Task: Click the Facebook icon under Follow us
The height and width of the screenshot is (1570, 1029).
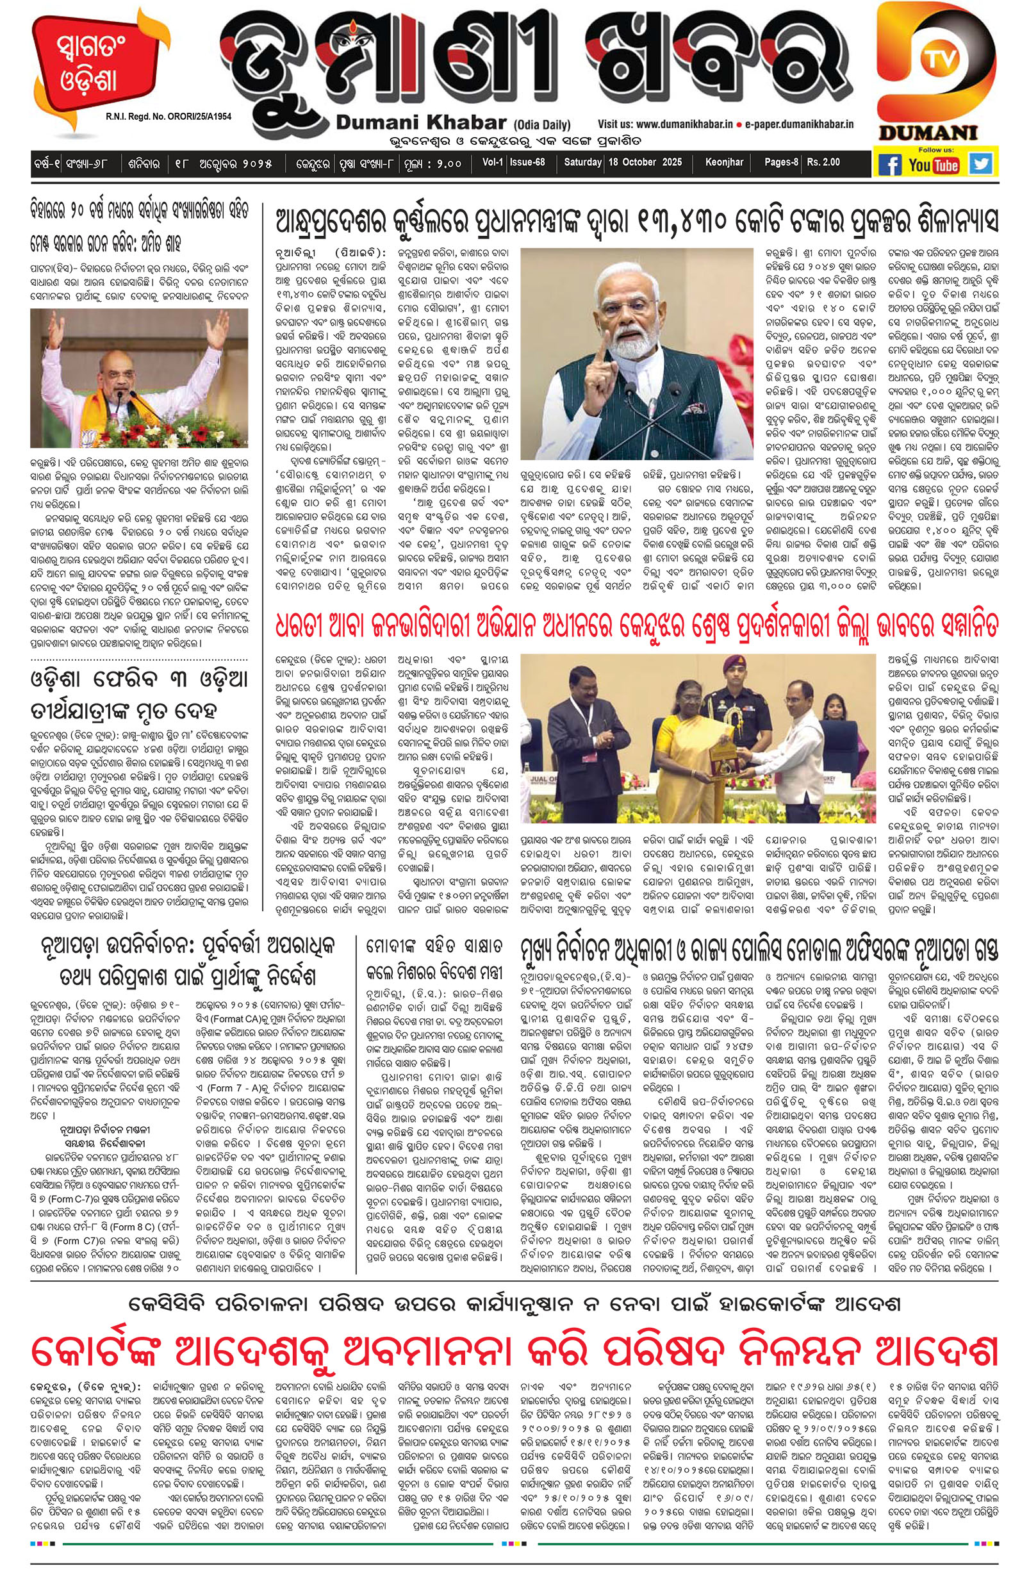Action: pyautogui.click(x=889, y=163)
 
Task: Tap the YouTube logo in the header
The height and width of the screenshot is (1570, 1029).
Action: pyautogui.click(x=934, y=164)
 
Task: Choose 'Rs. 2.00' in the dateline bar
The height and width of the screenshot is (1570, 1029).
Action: pyautogui.click(x=823, y=162)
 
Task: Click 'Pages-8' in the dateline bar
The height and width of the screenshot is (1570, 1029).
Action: pyautogui.click(x=780, y=162)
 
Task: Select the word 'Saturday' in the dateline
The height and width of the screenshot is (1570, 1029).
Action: pyautogui.click(x=582, y=162)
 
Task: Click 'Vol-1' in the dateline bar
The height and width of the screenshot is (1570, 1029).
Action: pyautogui.click(x=492, y=162)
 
